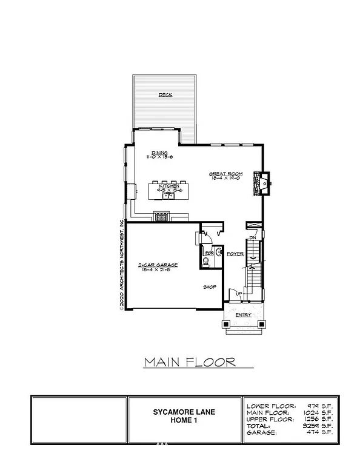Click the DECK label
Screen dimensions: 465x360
pyautogui.click(x=165, y=95)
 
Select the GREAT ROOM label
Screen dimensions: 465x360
pyautogui.click(x=226, y=174)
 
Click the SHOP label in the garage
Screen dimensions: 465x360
pyautogui.click(x=209, y=288)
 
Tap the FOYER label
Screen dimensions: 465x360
pyautogui.click(x=235, y=254)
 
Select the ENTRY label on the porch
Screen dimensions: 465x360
pyautogui.click(x=243, y=315)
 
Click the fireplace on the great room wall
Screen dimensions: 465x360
pyautogui.click(x=264, y=182)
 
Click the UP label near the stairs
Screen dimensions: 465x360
pyautogui.click(x=238, y=295)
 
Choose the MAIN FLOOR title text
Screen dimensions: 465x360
pyautogui.click(x=190, y=363)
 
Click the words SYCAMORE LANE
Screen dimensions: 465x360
pyautogui.click(x=184, y=412)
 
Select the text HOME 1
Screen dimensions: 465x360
pyautogui.click(x=184, y=421)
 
